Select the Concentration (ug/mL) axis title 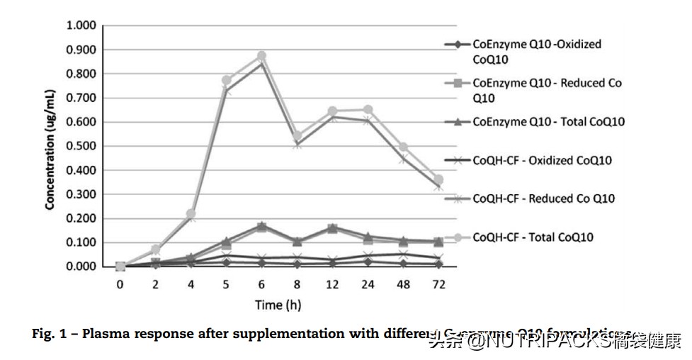click(x=50, y=147)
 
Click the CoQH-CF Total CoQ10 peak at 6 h click(x=262, y=55)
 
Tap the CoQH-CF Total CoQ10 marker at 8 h click(x=297, y=135)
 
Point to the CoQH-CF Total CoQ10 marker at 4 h click(x=191, y=213)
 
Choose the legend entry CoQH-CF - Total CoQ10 click(x=533, y=237)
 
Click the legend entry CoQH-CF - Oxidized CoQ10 click(x=542, y=160)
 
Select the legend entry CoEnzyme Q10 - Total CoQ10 click(x=548, y=122)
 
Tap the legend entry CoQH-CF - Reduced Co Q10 click(x=543, y=198)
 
